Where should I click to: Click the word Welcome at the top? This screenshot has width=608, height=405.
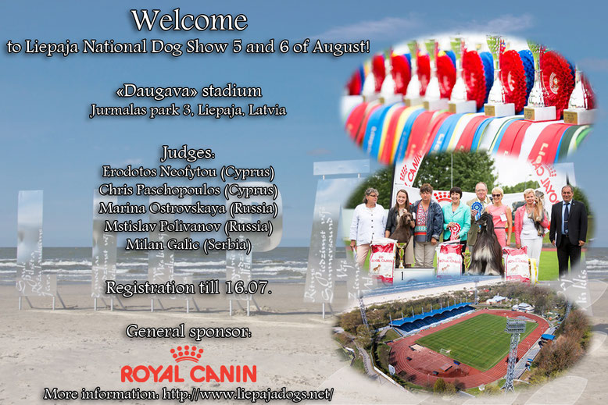pos(189,20)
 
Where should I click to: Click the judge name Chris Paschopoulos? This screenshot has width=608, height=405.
pos(159,190)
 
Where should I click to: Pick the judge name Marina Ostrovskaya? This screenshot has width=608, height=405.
pos(162,208)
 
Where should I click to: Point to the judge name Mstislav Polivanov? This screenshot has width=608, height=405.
pos(163,226)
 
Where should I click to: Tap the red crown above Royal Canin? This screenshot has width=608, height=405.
pos(187,353)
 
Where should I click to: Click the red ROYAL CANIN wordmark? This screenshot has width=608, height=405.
pos(188,374)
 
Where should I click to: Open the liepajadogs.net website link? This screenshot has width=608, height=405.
pos(248,394)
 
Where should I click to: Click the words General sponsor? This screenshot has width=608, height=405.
pos(188,332)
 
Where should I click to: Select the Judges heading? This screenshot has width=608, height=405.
pos(188,153)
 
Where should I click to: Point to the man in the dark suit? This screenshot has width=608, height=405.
pos(567,229)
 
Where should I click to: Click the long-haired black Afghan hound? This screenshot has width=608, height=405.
pos(486,244)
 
